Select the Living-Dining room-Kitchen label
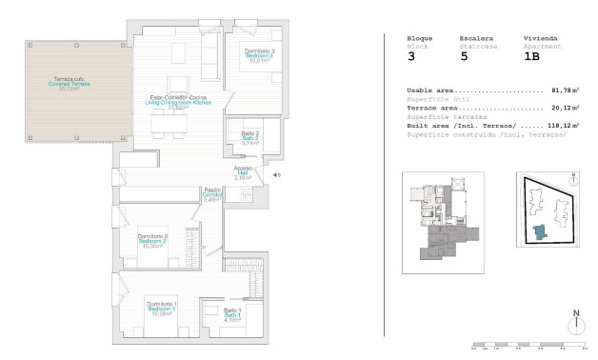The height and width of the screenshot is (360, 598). click(x=176, y=102)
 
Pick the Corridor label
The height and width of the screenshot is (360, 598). click(x=211, y=194)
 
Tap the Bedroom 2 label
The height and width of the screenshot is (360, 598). click(x=152, y=241)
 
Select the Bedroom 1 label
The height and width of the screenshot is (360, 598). click(x=160, y=308)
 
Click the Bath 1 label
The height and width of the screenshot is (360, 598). click(x=232, y=316)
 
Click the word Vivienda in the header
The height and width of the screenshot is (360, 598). click(x=540, y=38)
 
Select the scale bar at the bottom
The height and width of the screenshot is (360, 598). click(x=527, y=345)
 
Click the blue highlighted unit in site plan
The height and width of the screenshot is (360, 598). click(x=540, y=232)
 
